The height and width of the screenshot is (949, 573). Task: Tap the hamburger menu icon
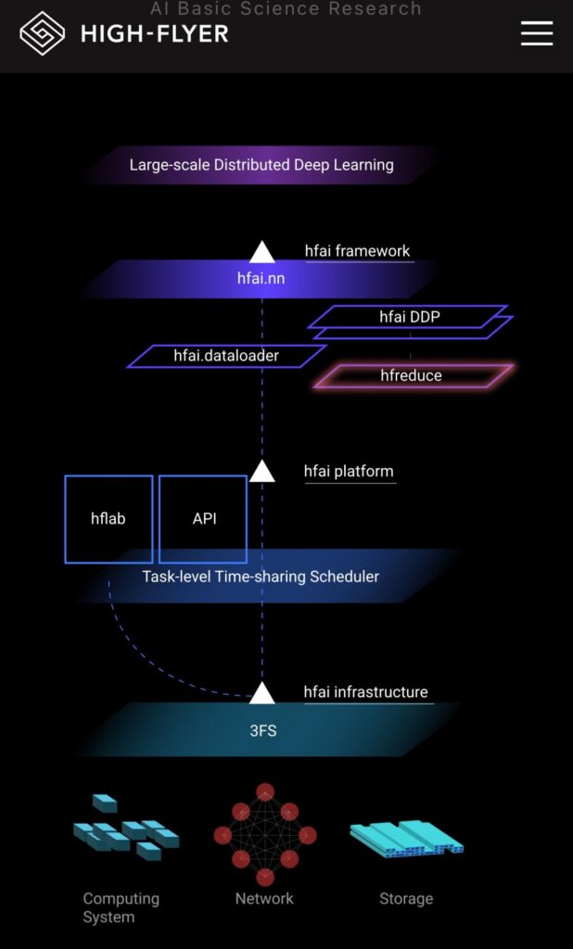[537, 33]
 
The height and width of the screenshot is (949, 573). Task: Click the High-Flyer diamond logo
[43, 34]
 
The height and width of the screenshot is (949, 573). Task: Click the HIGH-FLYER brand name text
[154, 35]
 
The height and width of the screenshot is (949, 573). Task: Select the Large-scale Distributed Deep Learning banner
[261, 165]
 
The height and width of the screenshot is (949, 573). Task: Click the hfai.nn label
[261, 277]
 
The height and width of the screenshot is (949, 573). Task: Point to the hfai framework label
[357, 250]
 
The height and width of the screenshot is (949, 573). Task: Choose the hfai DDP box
[409, 317]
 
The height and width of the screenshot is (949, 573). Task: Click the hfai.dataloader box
[226, 355]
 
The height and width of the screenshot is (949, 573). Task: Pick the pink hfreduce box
[411, 375]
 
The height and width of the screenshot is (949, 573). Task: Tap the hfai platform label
[349, 471]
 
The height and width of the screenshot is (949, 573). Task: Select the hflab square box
[108, 519]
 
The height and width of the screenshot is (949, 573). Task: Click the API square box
[204, 519]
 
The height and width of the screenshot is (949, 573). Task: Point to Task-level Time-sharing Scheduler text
[261, 576]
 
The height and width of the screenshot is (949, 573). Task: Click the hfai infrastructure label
[365, 692]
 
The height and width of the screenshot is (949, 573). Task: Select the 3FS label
[262, 730]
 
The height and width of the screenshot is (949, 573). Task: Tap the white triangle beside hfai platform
[262, 472]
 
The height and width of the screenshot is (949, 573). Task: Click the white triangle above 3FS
[262, 693]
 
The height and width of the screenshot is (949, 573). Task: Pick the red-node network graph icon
[265, 834]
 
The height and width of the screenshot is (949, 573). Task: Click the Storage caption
[406, 898]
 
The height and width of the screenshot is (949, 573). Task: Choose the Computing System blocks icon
[126, 827]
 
